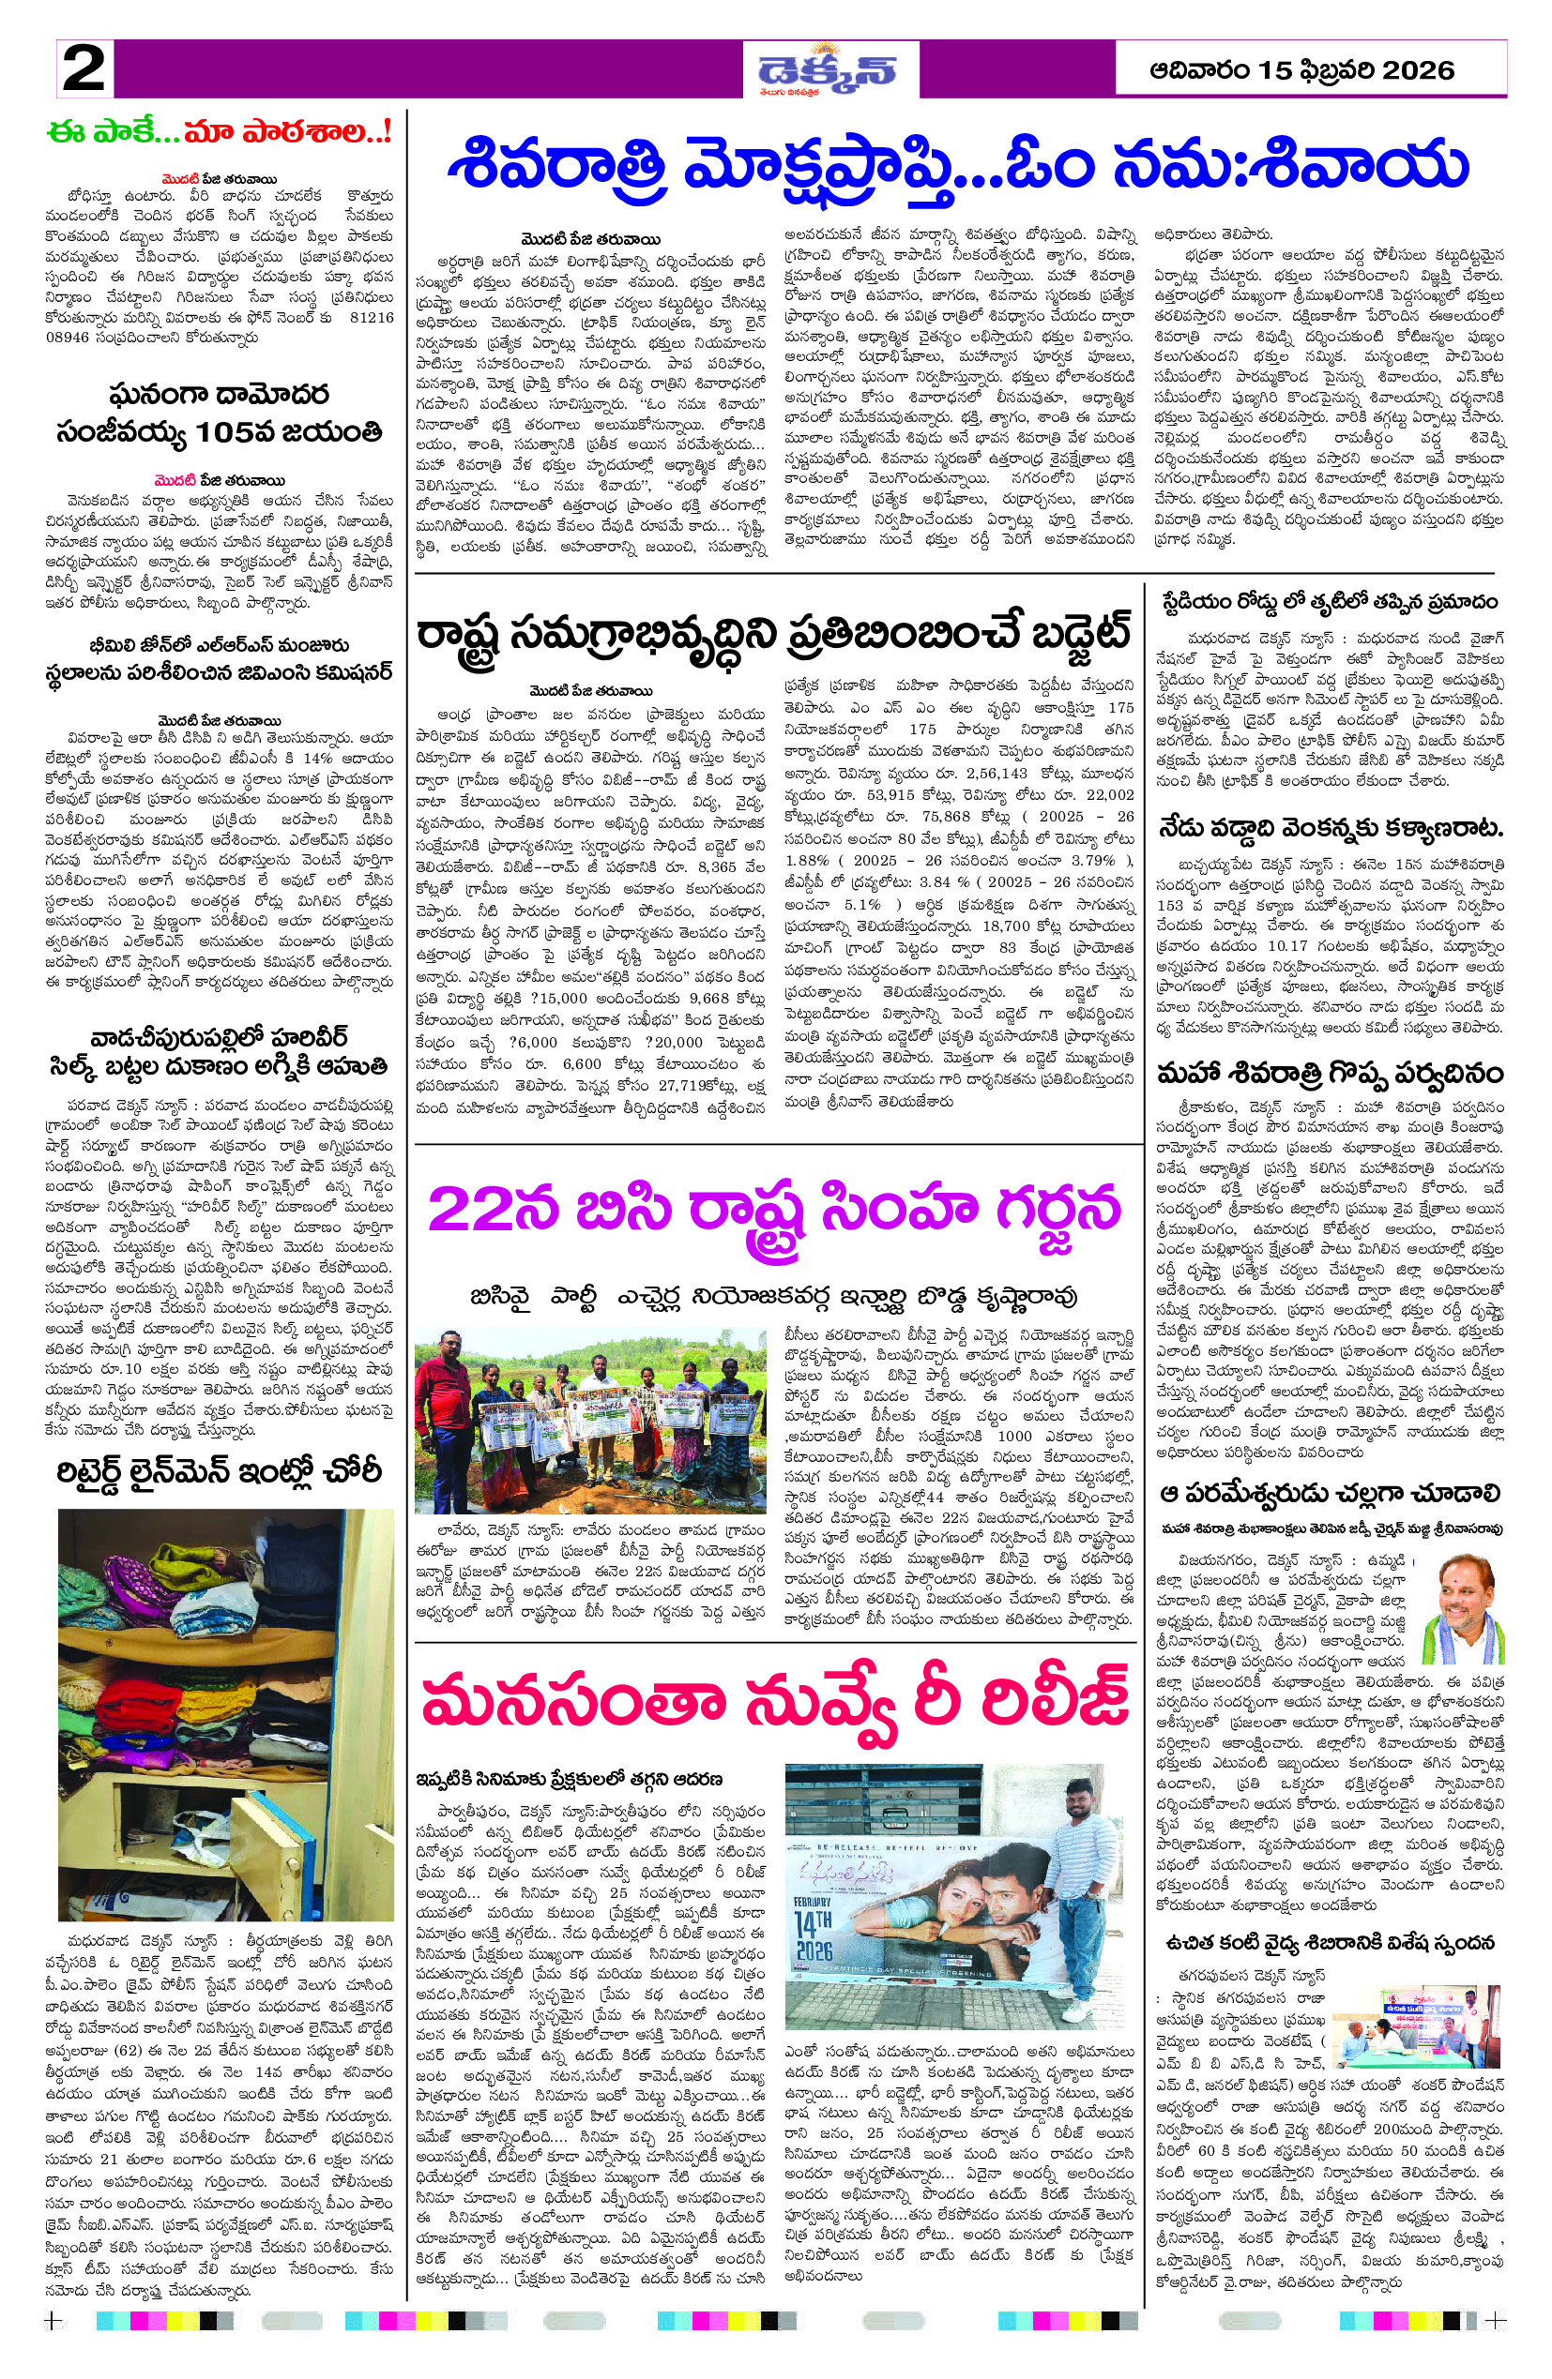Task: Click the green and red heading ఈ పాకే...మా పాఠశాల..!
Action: [x=219, y=133]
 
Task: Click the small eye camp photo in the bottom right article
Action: [x=1416, y=2026]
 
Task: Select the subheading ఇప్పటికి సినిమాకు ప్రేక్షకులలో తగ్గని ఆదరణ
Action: [x=570, y=1779]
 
